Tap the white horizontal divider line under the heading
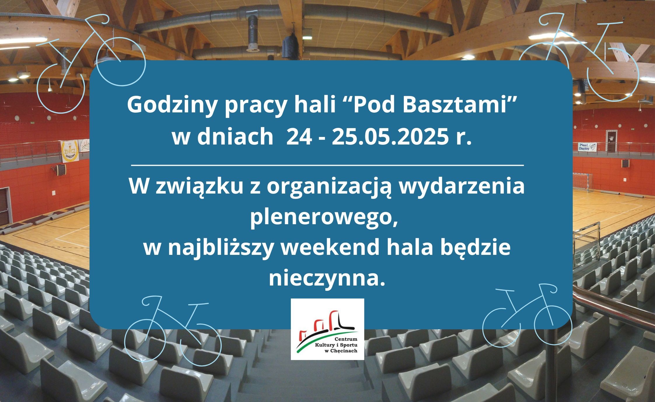(327, 166)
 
